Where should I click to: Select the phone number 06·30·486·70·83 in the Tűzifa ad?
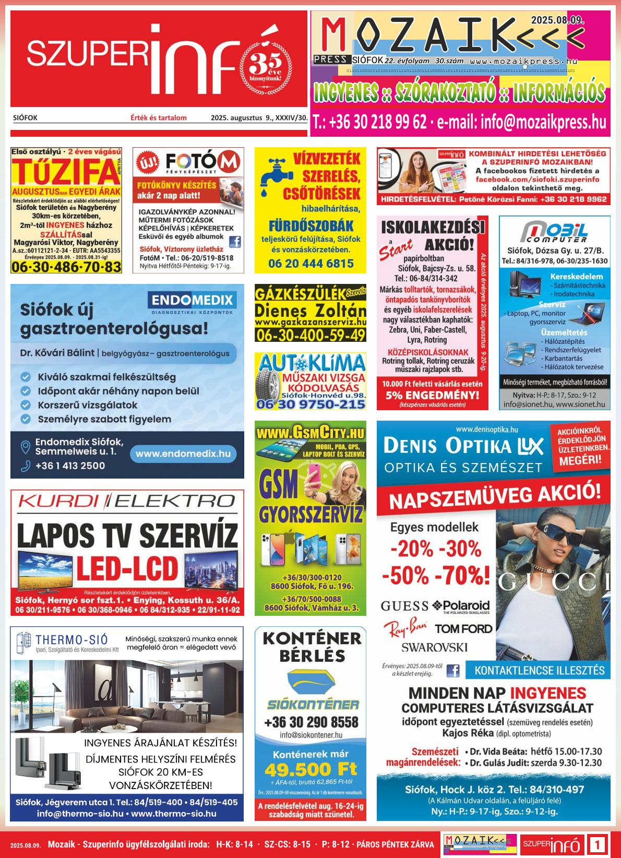[x=66, y=267]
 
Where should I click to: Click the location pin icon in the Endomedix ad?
[x=25, y=447]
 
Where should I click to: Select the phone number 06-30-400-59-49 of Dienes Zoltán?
[x=310, y=335]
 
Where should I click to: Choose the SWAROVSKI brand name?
[x=434, y=647]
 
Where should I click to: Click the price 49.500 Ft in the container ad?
[x=310, y=769]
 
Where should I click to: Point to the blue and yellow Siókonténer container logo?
[x=310, y=683]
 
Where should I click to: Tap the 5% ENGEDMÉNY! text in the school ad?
[x=432, y=395]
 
